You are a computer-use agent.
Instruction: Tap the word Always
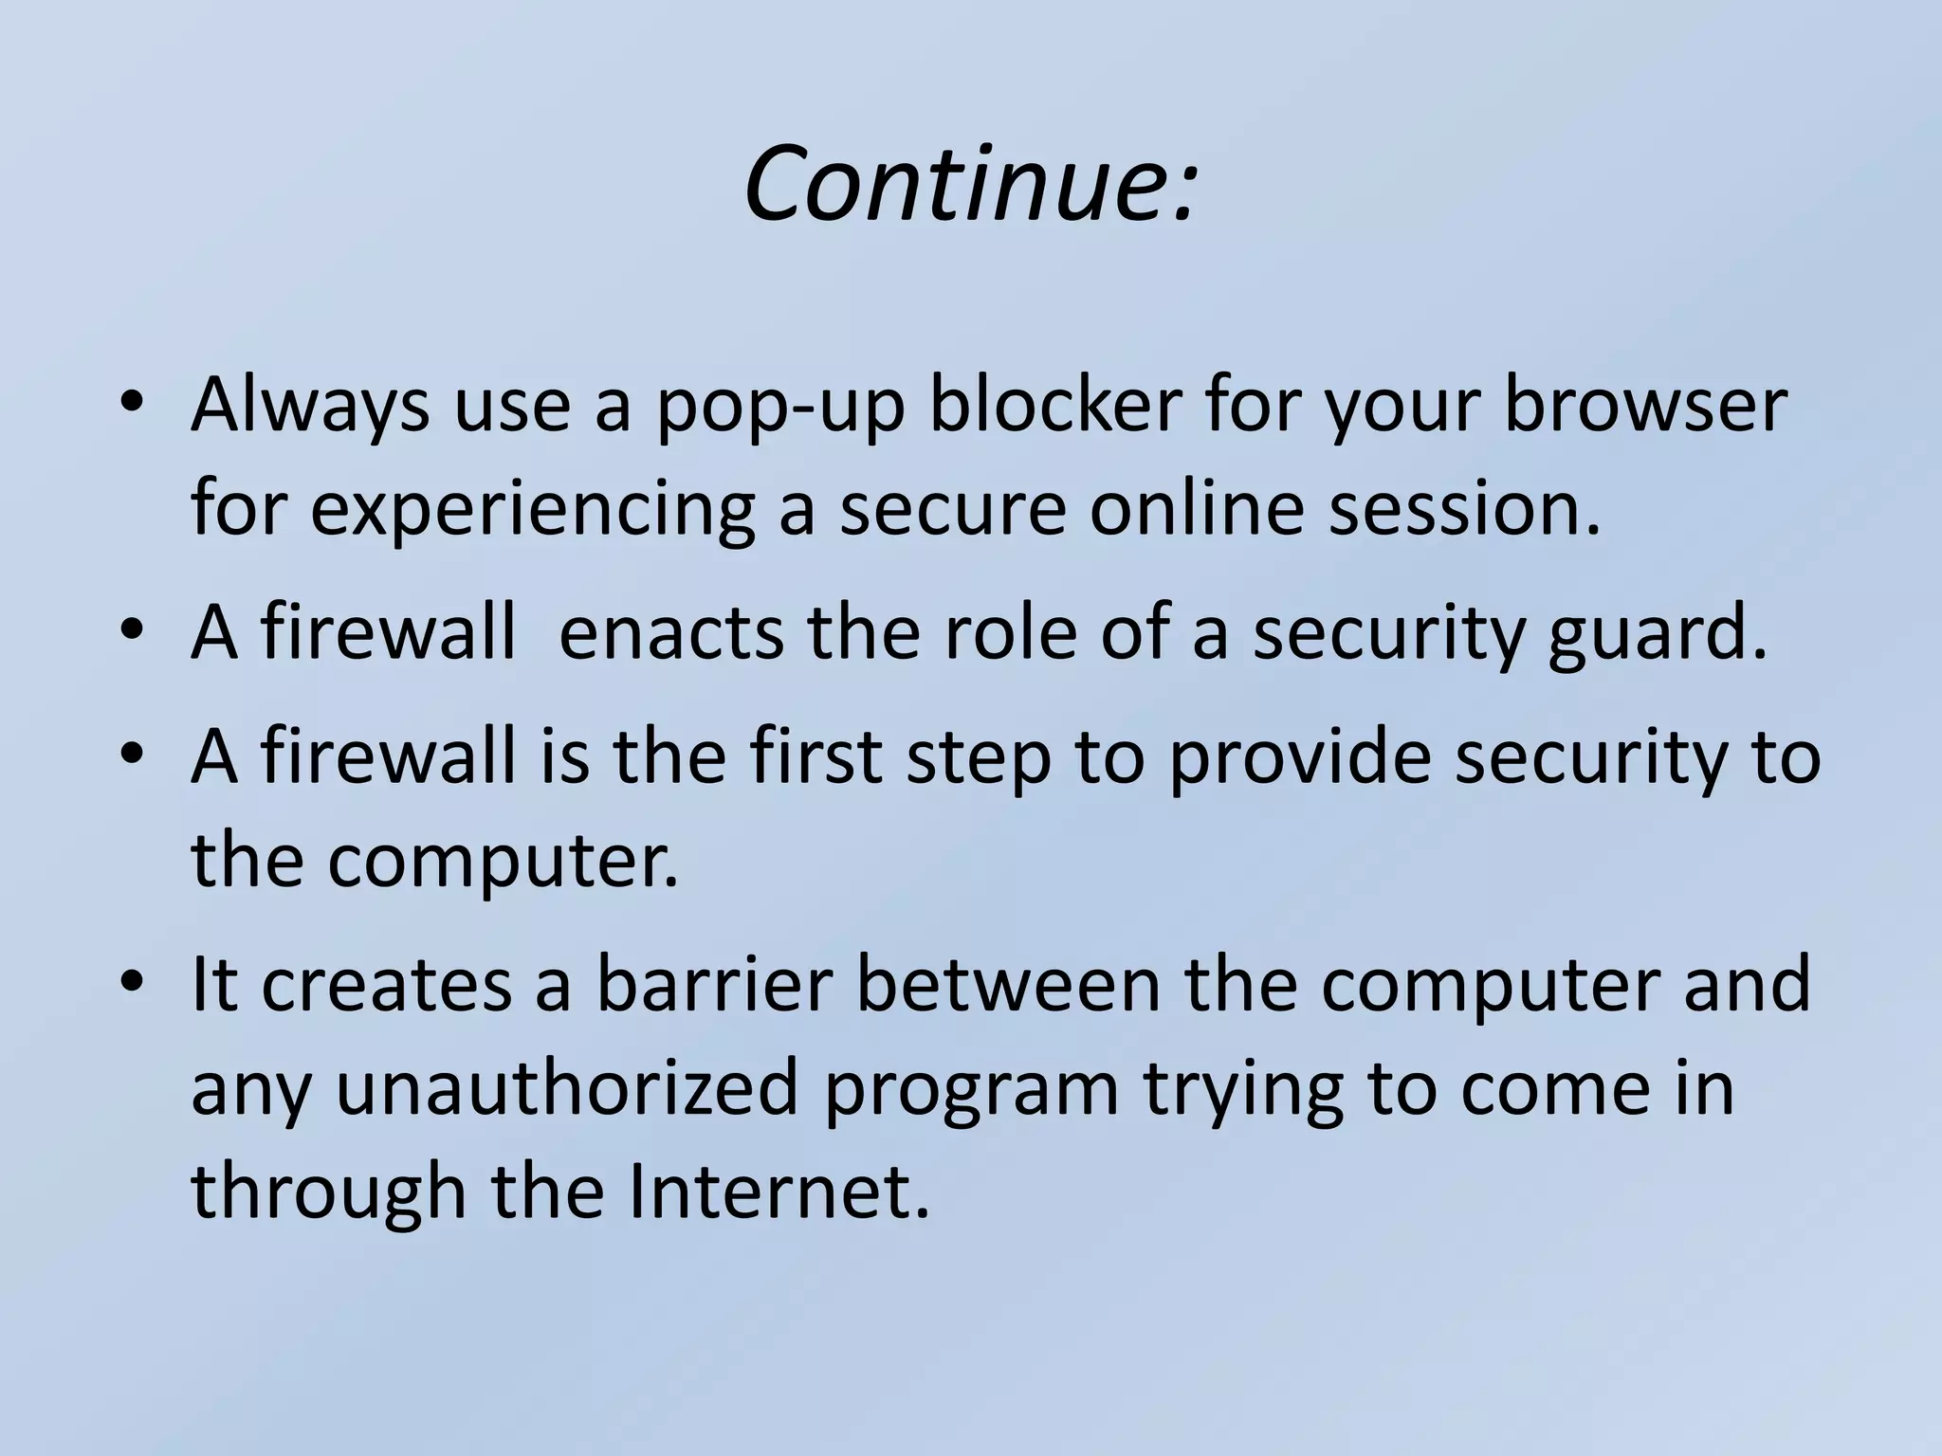309,406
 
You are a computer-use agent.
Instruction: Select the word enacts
671,633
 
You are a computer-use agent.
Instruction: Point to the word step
978,760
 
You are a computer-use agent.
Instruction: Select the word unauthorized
567,1088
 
